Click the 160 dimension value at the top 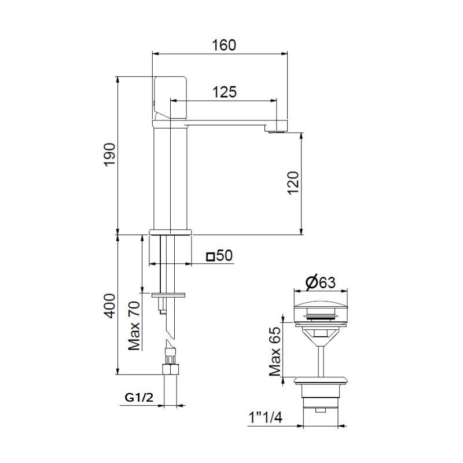[x=224, y=45]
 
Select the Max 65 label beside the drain [x=275, y=351]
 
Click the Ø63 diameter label [x=320, y=282]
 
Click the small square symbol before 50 [x=210, y=256]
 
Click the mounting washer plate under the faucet [x=170, y=295]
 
